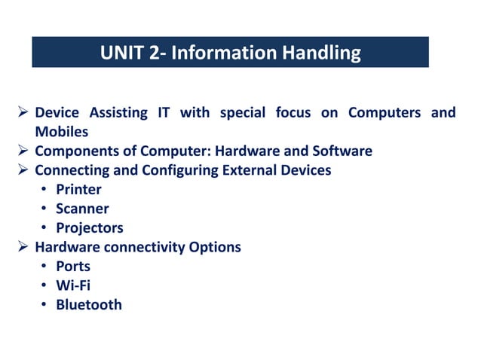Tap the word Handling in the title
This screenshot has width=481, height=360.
pos(321,53)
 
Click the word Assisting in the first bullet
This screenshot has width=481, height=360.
pos(119,113)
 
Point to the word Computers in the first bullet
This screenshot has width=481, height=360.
pos(384,113)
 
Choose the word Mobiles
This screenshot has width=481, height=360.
pos(61,132)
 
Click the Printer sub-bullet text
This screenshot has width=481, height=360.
pos(78,190)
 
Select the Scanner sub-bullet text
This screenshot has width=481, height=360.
pos(82,209)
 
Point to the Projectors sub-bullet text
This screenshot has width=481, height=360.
pos(89,227)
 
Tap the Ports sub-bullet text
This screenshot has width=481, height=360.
pos(73,267)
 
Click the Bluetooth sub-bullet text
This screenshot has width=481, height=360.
pos(88,304)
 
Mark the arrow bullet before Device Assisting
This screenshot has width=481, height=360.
pos(23,113)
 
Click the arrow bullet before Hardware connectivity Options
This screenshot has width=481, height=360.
pos(23,247)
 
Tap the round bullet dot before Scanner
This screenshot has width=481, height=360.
pos(45,209)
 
